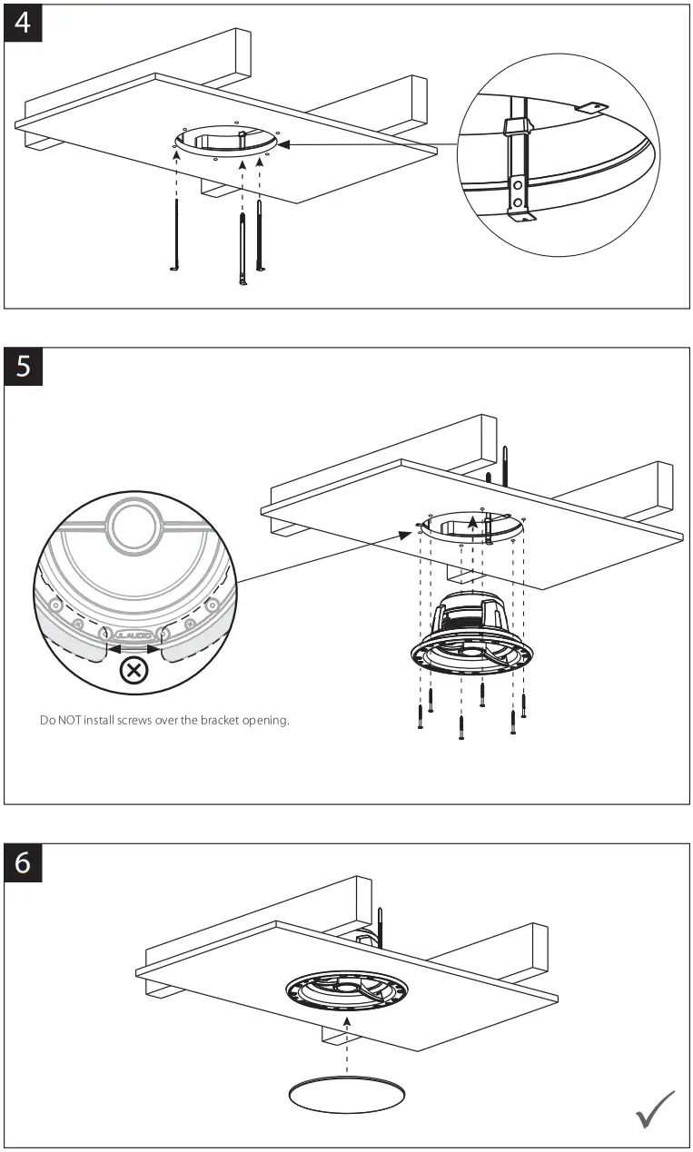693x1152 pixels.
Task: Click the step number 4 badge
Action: (23, 22)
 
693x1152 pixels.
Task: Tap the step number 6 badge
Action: (23, 862)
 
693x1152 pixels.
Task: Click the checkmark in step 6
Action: (656, 1109)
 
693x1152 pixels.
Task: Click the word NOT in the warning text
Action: (69, 722)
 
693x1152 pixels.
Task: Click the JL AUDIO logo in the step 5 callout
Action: (134, 636)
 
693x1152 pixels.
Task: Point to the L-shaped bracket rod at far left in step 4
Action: (174, 236)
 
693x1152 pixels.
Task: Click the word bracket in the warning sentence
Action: (217, 722)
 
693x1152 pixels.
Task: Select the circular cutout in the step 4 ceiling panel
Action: (227, 142)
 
